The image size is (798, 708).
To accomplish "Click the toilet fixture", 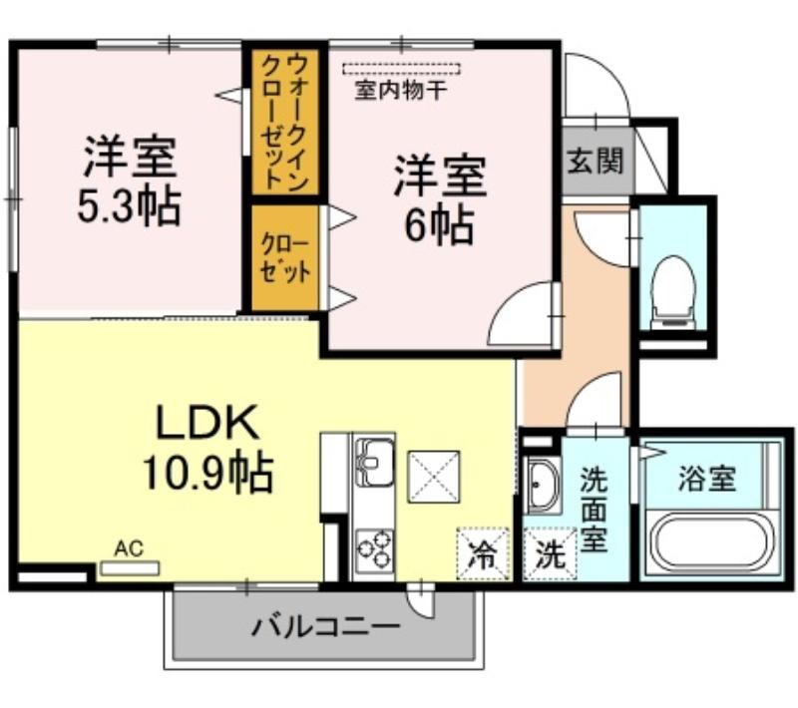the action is tap(673, 292).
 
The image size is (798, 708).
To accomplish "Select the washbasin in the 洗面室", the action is tap(543, 485).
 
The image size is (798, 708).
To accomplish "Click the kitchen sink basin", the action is tap(375, 462).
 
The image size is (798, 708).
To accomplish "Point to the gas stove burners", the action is tap(375, 548).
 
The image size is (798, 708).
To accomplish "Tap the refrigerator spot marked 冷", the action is tap(483, 553).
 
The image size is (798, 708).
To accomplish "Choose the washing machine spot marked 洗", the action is tap(551, 553).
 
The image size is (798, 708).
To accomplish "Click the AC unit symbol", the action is tap(130, 568).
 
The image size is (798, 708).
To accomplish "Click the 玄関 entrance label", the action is tap(596, 161).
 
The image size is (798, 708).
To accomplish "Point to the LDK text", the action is tap(207, 422).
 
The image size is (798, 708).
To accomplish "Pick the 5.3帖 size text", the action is tap(130, 207).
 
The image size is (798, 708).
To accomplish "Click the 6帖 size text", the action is tap(439, 225).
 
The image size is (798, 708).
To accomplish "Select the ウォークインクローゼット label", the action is tap(284, 122).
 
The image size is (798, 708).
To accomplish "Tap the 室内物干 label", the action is tap(401, 91).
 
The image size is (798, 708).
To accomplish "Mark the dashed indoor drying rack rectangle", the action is tap(402, 69).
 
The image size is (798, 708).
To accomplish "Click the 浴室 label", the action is tap(707, 479).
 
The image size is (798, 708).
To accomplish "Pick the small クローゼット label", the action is tap(285, 258).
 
